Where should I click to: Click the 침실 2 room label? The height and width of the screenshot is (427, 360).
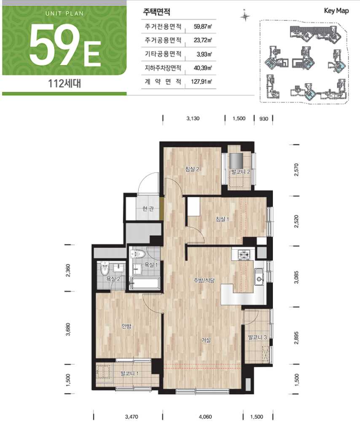coord(192,169)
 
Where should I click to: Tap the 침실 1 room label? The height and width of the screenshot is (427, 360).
coord(222,219)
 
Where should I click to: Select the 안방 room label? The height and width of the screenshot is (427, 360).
coord(126,326)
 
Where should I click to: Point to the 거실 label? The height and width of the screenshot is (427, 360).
coord(206,340)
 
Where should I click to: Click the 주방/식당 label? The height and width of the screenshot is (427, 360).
coord(204,280)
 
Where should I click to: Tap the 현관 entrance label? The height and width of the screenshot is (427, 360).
coord(148,209)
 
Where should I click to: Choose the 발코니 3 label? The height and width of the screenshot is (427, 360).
coord(257,337)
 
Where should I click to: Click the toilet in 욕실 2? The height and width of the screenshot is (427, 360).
coord(104,270)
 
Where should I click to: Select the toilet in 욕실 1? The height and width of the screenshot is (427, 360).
coord(139,254)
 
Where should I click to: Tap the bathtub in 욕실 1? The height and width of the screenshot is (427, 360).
coord(145,283)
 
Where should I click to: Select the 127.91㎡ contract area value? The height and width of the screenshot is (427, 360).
coord(201,81)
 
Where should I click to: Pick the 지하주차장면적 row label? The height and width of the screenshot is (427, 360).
coord(163,67)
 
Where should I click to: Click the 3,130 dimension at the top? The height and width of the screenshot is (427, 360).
coord(193,118)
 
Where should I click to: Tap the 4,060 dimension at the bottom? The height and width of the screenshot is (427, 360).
coord(205,416)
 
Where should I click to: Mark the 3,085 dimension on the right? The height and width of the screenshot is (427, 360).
coord(296,277)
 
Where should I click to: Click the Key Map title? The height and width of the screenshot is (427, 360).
coord(336,11)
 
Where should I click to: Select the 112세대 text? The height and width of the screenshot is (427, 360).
coord(64,83)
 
